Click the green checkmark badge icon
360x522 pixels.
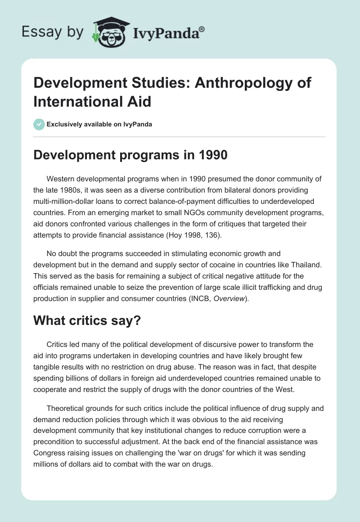[39, 124]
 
